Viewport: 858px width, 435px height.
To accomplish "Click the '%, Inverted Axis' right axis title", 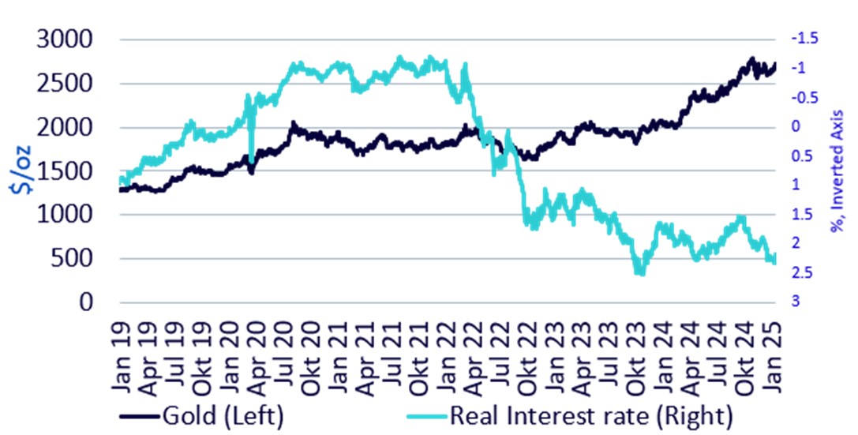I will [837, 171].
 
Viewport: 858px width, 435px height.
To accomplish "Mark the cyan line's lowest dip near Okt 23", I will [639, 273].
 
